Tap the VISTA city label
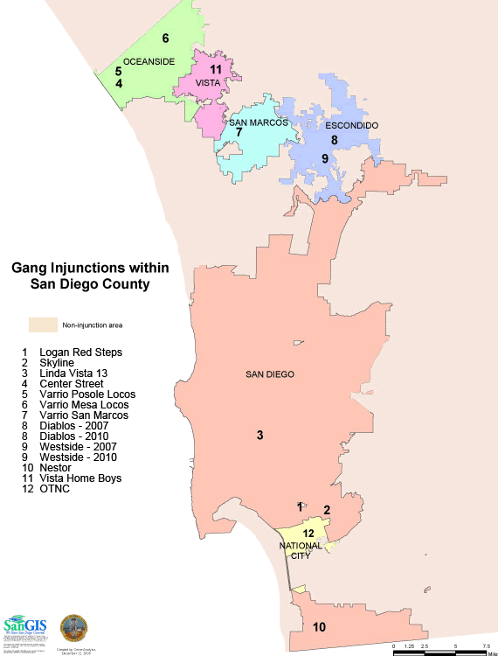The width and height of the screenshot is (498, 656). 207,83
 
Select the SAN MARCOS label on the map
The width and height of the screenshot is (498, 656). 258,123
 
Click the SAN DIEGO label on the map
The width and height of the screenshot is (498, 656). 269,374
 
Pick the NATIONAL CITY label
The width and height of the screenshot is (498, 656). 301,550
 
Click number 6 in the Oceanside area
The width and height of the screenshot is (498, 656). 165,38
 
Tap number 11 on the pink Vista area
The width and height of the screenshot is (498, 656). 216,69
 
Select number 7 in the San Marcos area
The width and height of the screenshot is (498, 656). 239,133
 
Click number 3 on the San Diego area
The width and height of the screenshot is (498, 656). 259,435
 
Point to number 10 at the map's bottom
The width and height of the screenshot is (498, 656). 319,627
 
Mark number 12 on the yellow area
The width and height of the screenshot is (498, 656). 308,534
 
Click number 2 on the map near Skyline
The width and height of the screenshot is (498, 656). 327,510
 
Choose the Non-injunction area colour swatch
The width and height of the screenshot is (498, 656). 43,325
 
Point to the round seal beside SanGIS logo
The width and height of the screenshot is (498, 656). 73,628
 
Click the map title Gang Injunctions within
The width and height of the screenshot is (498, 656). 90,269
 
